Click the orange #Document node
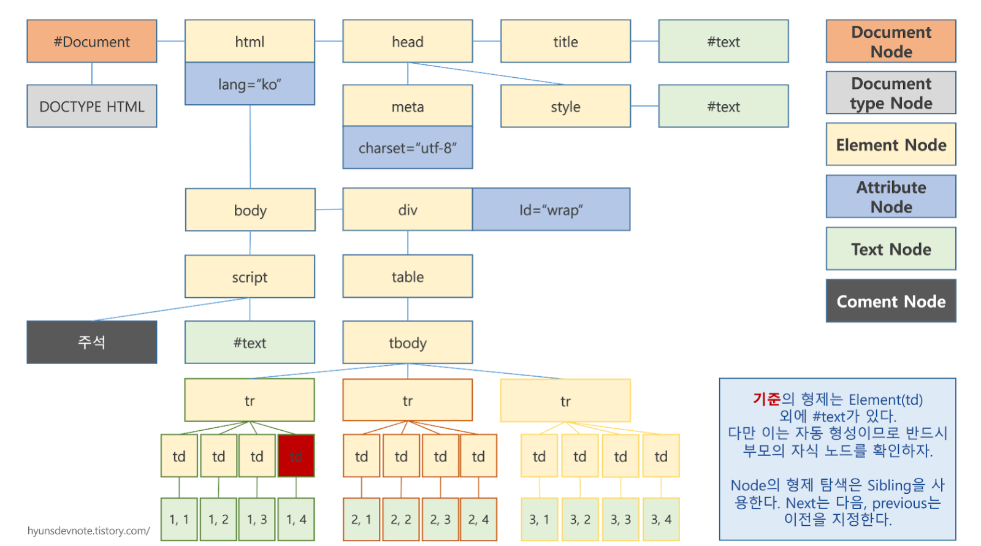click(x=92, y=41)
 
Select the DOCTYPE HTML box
click(x=92, y=106)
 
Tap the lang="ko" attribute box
click(x=250, y=84)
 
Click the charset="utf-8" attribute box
click(x=408, y=148)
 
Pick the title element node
click(x=565, y=41)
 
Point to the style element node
click(x=565, y=106)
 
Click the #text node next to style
click(x=723, y=106)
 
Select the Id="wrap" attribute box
click(x=551, y=210)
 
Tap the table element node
click(x=408, y=276)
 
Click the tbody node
click(x=408, y=343)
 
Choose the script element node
click(x=250, y=276)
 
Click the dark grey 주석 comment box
click(x=92, y=342)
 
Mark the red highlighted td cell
click(x=296, y=456)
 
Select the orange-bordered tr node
click(x=408, y=400)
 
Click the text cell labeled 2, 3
click(x=440, y=519)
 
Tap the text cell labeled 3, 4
click(x=661, y=519)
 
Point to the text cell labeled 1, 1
click(x=179, y=519)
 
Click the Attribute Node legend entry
click(x=891, y=197)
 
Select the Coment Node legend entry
click(x=891, y=301)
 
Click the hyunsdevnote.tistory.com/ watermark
click(x=88, y=531)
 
